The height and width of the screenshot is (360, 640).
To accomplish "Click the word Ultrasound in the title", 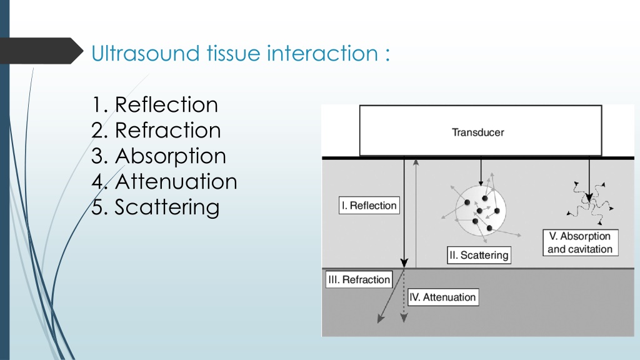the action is (x=145, y=54).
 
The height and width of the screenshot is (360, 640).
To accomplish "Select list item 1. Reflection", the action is (x=155, y=104).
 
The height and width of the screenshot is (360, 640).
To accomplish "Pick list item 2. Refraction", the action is (x=156, y=130).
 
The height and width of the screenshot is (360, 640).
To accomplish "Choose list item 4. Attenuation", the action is (x=164, y=182).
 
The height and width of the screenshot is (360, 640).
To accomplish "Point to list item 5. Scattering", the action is (x=156, y=207).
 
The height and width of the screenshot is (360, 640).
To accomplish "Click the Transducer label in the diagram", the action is (x=478, y=132).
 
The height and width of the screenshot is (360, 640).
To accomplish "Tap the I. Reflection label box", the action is (x=369, y=205).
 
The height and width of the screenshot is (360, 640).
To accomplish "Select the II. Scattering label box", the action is (x=479, y=255).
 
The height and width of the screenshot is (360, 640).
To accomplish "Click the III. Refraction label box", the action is (x=359, y=279).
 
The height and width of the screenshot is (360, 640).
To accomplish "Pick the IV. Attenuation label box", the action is (x=443, y=297).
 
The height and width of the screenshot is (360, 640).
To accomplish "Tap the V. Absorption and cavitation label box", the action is (x=581, y=243).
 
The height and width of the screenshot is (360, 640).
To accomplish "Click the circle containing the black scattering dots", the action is (x=481, y=211).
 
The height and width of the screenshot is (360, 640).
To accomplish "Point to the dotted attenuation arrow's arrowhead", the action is (x=404, y=318).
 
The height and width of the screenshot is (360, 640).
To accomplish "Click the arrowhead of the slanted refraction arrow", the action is (x=381, y=319).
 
